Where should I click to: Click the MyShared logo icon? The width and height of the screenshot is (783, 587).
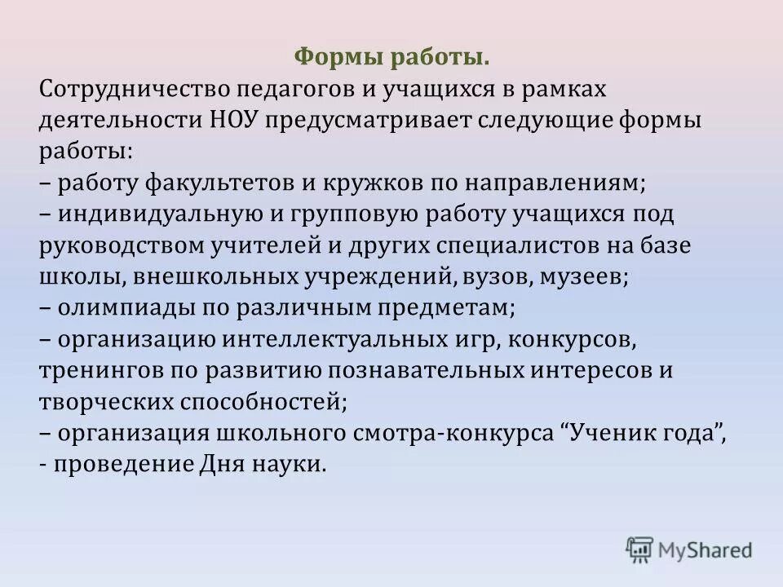639,549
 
